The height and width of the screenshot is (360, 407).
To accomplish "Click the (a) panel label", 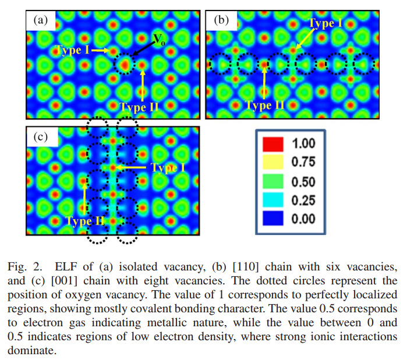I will [x=40, y=20].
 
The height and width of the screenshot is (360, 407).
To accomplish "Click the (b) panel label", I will [x=221, y=20].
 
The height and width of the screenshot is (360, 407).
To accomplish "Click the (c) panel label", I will [x=40, y=137].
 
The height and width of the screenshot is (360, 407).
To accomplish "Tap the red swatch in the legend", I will [x=277, y=144].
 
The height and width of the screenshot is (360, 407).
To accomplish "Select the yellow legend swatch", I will [x=277, y=162].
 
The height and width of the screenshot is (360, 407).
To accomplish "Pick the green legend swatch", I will [x=277, y=181].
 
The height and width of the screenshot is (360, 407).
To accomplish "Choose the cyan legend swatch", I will [x=277, y=200].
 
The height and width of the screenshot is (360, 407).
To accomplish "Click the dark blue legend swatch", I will [x=277, y=219].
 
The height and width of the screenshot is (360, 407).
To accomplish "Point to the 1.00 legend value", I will [x=303, y=144].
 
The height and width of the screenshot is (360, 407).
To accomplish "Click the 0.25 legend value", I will [x=303, y=201].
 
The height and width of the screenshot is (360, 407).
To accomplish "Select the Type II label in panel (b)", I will [x=265, y=105].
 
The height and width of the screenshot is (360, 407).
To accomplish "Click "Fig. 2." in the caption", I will [x=24, y=267].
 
